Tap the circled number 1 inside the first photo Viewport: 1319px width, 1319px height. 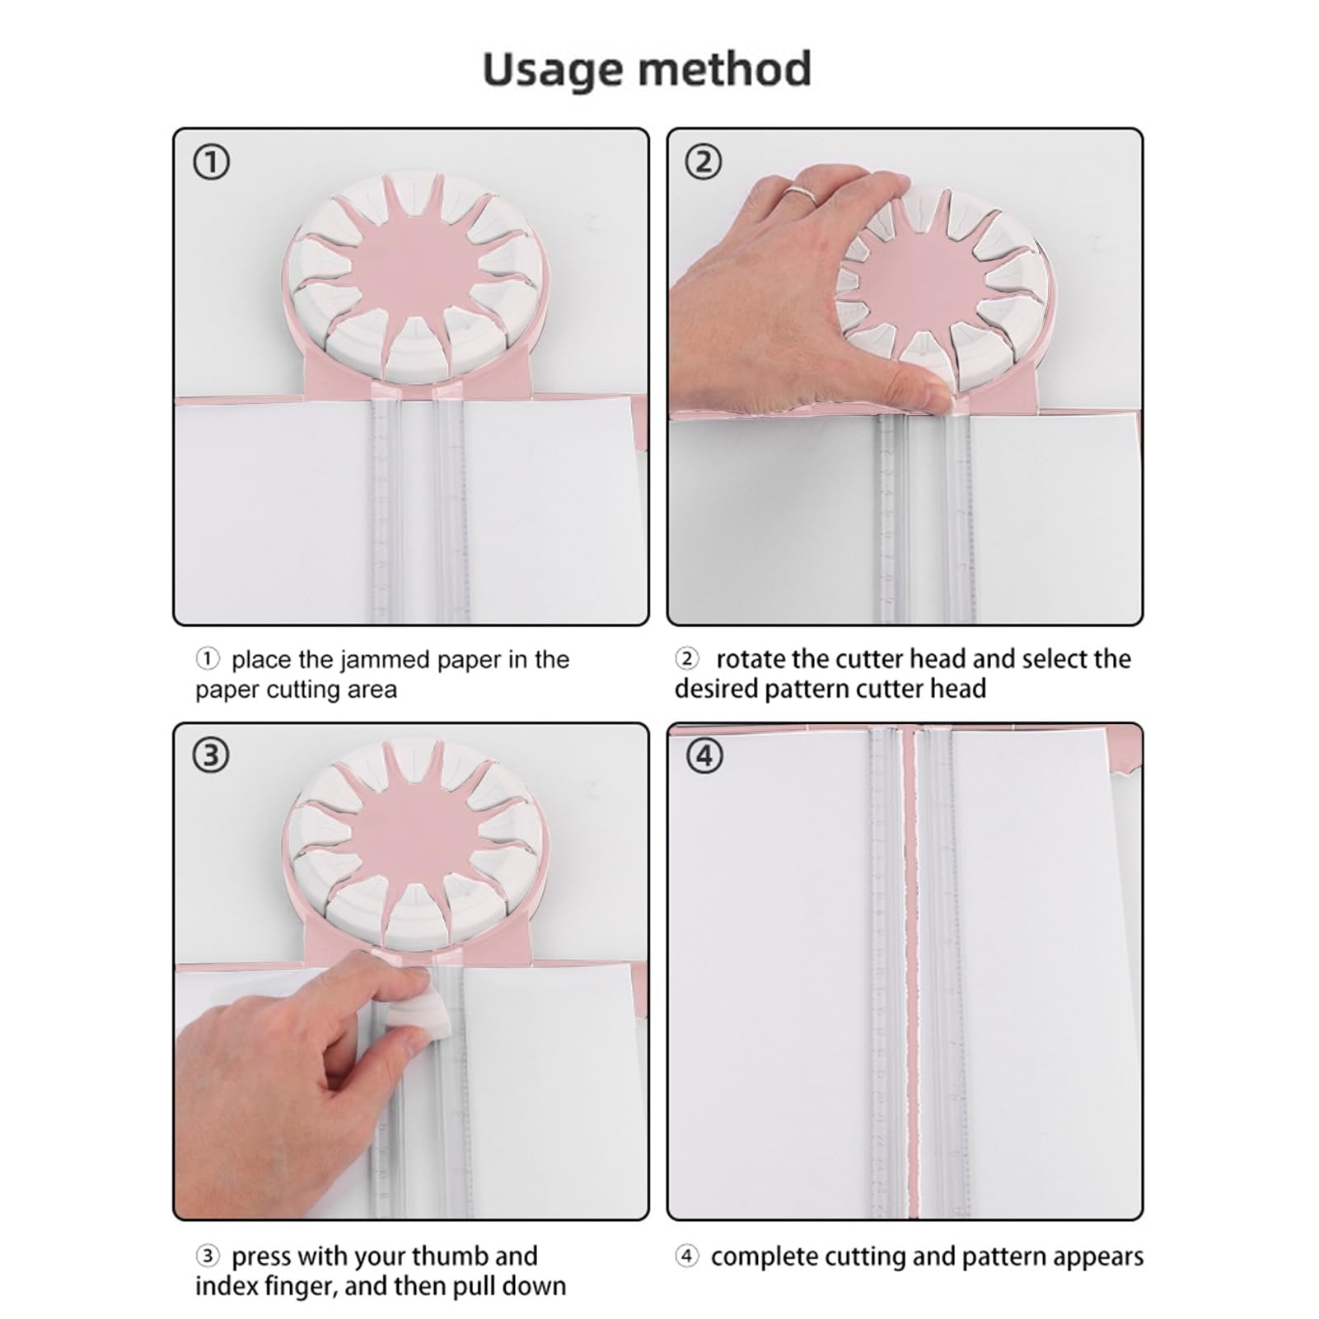click(211, 162)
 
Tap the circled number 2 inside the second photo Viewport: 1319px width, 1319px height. click(703, 162)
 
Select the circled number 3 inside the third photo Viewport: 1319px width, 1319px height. click(211, 755)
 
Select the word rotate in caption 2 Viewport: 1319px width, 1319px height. click(751, 659)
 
